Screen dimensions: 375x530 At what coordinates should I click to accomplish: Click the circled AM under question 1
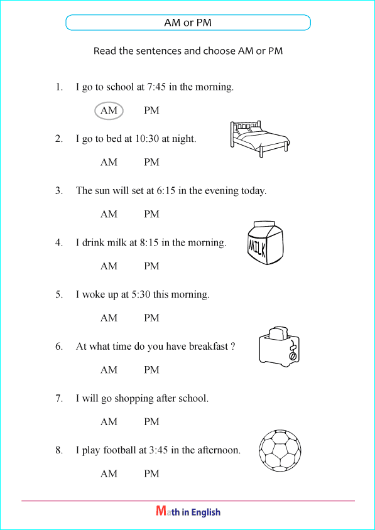[109, 111]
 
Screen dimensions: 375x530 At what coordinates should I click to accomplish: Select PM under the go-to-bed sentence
[151, 162]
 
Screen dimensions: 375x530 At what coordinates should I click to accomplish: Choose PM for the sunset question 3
[151, 214]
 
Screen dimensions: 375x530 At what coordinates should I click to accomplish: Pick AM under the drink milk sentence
[109, 266]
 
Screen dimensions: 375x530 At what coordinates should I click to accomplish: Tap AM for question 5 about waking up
[109, 318]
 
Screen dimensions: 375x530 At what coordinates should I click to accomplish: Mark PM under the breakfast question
[151, 370]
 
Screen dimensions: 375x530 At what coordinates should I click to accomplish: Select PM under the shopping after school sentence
[151, 422]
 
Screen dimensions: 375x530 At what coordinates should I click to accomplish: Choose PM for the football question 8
[151, 474]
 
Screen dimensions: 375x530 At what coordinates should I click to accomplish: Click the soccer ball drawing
[280, 450]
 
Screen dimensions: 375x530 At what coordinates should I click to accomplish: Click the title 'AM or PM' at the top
[188, 23]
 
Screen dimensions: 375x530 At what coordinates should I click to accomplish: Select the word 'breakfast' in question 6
[205, 346]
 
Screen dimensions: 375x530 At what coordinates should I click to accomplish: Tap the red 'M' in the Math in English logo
[161, 512]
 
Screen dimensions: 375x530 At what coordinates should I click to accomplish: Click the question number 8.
[58, 450]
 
